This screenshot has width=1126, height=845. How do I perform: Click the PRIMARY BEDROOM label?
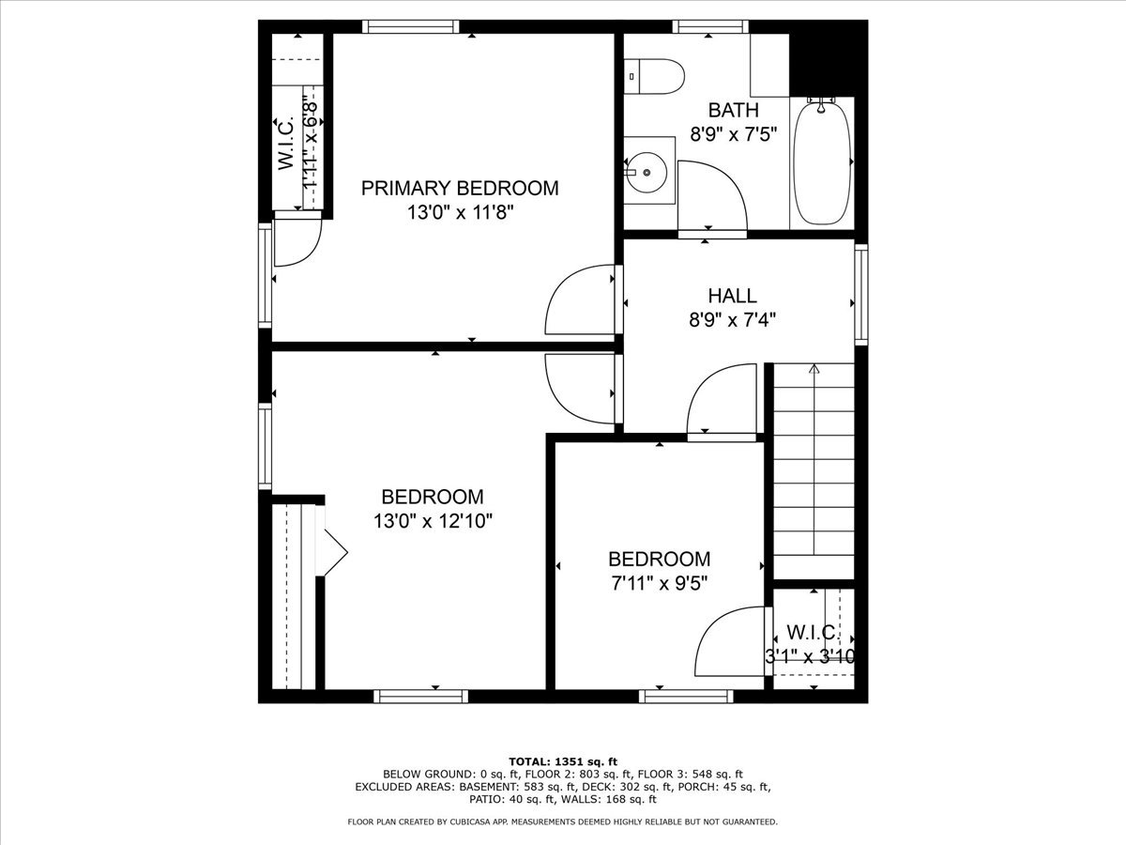coord(460,188)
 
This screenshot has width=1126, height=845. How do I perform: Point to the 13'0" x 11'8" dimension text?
coord(460,213)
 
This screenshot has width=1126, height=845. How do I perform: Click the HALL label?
coord(733,297)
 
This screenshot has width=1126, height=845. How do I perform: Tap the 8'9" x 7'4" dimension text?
coord(733,319)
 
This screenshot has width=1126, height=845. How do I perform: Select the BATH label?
coord(734,110)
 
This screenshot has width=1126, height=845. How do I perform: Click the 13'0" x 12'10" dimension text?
coord(432,521)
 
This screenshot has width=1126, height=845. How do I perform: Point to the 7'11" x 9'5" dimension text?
coord(659,582)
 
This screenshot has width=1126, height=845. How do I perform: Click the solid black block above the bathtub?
coord(828,56)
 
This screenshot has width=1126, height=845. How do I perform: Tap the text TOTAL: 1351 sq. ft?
coord(562,761)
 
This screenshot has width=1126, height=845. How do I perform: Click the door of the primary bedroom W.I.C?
coord(298,238)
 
